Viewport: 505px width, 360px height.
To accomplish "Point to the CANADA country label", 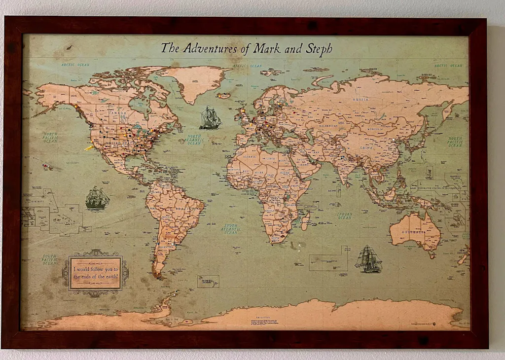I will (x=118, y=113).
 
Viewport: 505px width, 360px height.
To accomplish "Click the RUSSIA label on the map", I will (x=361, y=100).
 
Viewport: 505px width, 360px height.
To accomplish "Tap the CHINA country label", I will (x=366, y=147).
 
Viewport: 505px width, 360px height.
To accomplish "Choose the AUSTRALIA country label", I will (x=413, y=231).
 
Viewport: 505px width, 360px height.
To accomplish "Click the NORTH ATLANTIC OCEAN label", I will (x=194, y=140).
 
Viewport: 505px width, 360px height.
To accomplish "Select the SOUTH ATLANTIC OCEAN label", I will (x=230, y=229).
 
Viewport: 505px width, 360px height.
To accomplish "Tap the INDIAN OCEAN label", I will (x=344, y=215).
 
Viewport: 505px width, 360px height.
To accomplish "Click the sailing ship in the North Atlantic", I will (x=210, y=118).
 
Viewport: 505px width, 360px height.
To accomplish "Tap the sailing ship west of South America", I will (x=97, y=198).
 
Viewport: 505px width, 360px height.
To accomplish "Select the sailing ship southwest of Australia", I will (x=369, y=259).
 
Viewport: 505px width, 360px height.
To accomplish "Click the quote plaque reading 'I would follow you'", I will (x=95, y=273).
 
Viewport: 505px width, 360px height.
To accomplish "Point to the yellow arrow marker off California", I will (x=89, y=147).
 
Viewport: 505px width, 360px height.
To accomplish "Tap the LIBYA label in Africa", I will (x=270, y=159).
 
